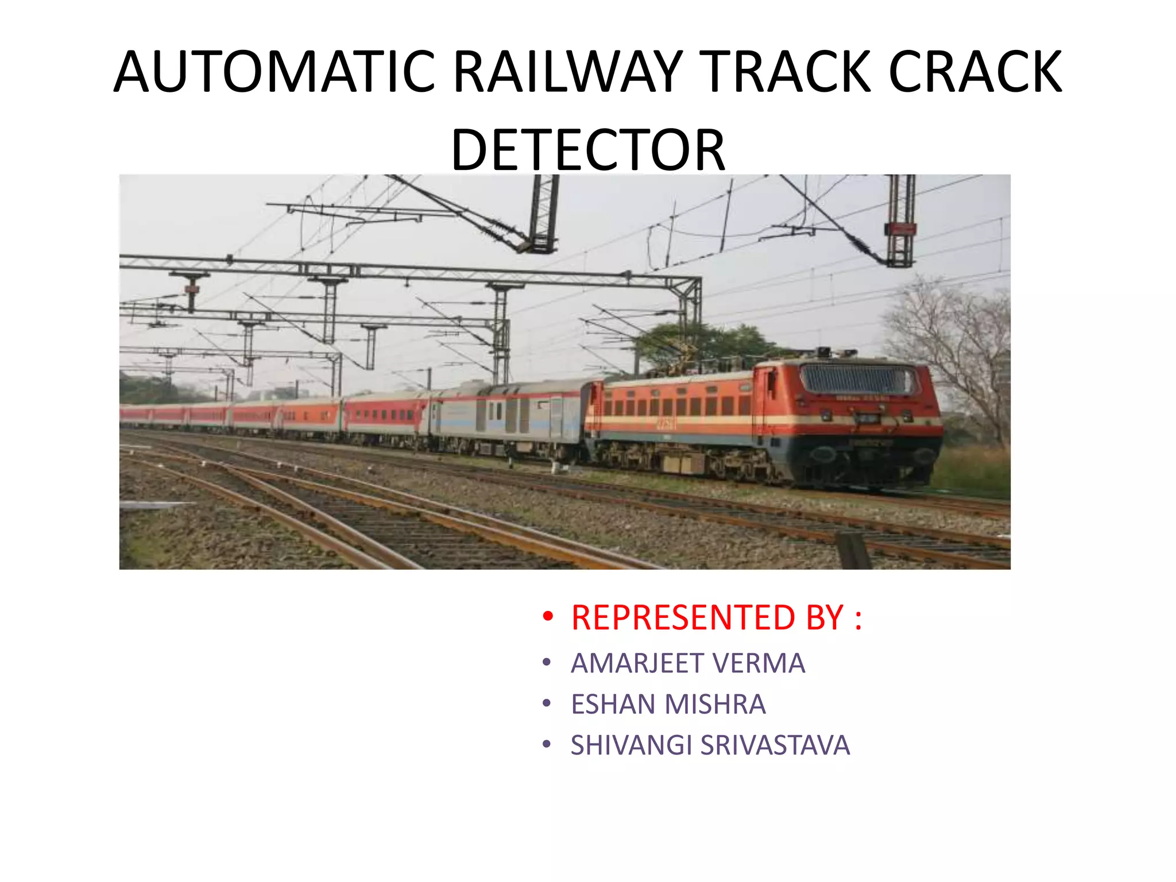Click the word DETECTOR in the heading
[x=588, y=150]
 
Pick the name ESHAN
[x=613, y=705]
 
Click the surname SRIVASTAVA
[x=775, y=745]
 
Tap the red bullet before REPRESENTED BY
[x=548, y=617]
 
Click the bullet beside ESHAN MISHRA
[x=547, y=703]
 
